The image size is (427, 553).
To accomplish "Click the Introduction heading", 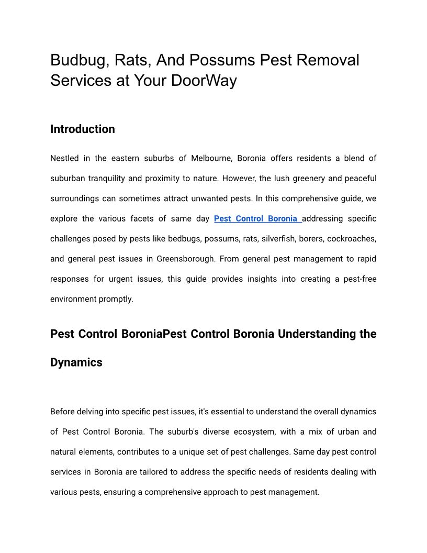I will tap(83, 129).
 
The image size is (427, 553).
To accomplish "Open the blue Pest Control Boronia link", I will tap(257, 218).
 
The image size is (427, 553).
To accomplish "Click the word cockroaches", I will tap(351, 239).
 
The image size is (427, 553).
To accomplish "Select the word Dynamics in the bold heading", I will tap(76, 362).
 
